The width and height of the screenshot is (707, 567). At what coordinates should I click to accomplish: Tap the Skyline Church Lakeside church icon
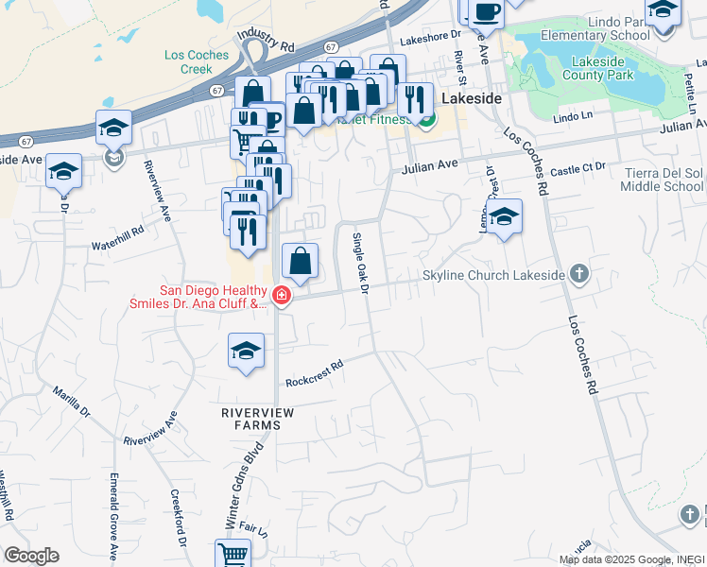(x=579, y=275)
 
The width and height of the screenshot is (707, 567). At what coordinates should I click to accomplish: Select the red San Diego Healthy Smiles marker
(x=280, y=297)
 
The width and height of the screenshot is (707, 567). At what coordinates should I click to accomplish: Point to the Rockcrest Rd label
(x=313, y=371)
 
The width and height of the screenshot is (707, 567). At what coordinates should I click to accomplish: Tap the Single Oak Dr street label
(x=359, y=262)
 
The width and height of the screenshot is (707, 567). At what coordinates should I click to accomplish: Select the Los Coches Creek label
(x=197, y=61)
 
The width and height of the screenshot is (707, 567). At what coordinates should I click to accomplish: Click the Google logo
(x=31, y=556)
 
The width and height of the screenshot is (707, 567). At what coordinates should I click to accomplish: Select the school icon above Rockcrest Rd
(x=246, y=352)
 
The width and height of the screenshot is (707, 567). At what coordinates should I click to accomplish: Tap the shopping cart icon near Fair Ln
(x=233, y=553)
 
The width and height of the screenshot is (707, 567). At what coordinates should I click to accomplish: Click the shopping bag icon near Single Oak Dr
(x=300, y=260)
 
